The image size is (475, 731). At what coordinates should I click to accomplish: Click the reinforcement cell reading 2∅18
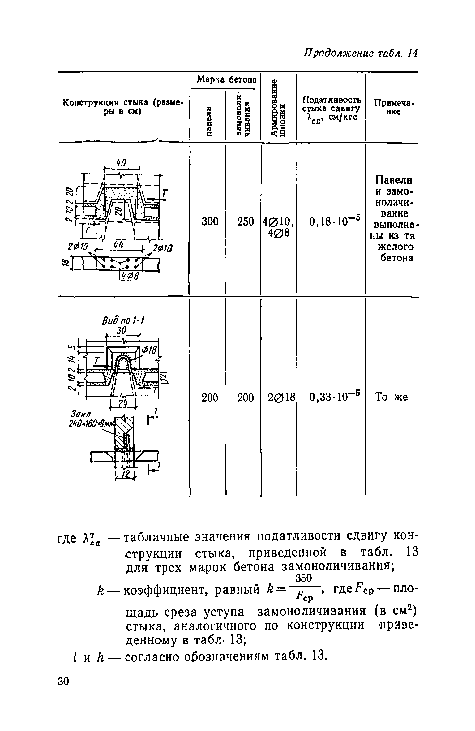pos(279,397)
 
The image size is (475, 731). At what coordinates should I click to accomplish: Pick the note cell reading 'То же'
pos(391,397)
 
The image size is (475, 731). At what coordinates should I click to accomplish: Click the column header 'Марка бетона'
pos(227,80)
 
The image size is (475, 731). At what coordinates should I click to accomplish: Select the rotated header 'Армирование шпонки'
pos(278,107)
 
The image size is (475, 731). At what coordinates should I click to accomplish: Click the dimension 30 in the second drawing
pos(122,331)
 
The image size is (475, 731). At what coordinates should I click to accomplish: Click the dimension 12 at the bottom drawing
pos(124,477)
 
